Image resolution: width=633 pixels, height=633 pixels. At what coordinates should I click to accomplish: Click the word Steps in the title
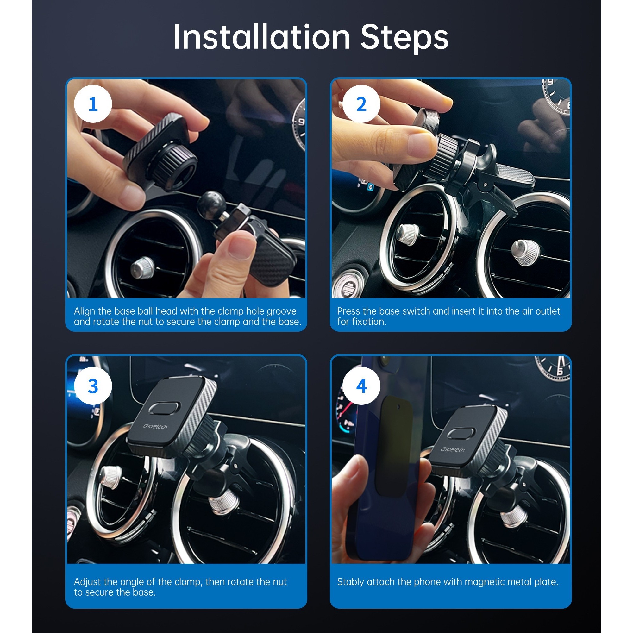tap(404, 39)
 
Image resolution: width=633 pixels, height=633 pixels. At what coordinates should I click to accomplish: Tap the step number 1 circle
tap(93, 104)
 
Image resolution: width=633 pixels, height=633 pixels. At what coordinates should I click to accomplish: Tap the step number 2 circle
tap(361, 104)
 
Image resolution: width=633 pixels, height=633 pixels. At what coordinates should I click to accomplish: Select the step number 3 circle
tap(93, 385)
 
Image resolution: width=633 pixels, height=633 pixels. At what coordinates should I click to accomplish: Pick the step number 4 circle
tap(361, 385)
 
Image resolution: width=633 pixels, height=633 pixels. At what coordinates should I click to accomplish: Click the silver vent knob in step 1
tap(142, 268)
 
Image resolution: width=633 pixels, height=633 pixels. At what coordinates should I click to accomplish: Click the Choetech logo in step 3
tap(155, 426)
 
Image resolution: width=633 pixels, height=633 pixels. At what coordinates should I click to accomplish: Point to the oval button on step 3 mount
tap(164, 408)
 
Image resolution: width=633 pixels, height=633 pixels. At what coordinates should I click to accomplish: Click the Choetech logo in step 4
tap(453, 449)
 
